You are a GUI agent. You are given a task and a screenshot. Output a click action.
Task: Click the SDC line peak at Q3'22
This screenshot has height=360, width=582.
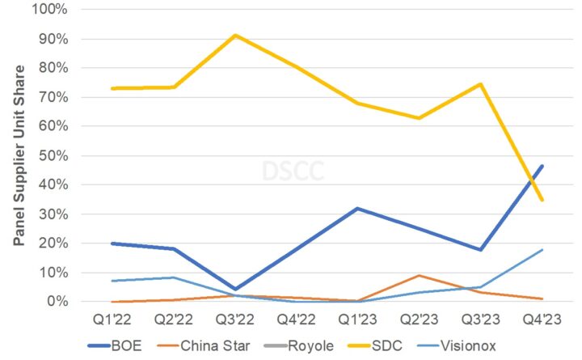pyautogui.click(x=234, y=35)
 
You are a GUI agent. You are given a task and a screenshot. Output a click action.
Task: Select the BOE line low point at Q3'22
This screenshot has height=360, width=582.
pyautogui.click(x=234, y=289)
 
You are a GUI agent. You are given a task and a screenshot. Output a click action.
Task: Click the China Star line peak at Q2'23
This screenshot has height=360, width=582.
pyautogui.click(x=419, y=275)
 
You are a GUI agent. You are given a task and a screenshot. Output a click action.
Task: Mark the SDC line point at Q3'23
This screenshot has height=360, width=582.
pyautogui.click(x=481, y=84)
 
